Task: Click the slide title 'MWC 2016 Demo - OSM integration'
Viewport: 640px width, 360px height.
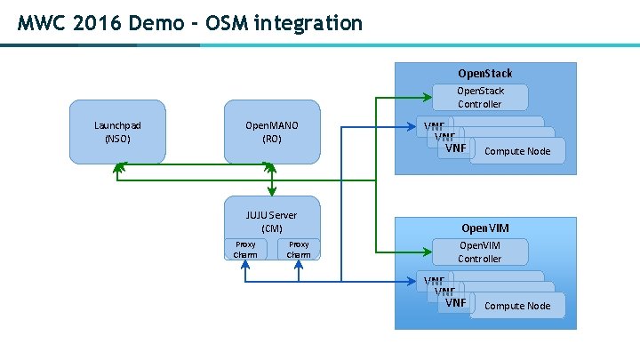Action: [190, 23]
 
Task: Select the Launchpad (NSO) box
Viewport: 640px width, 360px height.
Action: [117, 132]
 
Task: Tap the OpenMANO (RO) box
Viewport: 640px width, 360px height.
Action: [271, 132]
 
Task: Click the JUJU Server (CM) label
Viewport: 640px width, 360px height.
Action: [271, 221]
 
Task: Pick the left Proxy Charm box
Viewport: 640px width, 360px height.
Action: [245, 249]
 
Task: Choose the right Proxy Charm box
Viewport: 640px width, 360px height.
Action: [299, 249]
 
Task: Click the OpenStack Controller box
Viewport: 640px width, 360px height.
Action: [479, 98]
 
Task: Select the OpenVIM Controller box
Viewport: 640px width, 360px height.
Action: [479, 252]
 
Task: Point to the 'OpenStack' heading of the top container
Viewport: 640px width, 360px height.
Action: [484, 73]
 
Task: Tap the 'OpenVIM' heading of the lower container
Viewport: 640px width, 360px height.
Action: [484, 228]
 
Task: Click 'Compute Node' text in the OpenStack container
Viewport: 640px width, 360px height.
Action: [516, 151]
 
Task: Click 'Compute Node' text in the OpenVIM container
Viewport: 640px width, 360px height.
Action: [516, 306]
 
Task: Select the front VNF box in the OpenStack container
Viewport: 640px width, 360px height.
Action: [456, 148]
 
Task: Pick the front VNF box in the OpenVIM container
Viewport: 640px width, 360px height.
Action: [456, 303]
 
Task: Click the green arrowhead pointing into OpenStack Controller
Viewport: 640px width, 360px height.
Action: [427, 96]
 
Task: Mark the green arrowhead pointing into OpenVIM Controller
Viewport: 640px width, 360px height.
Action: [427, 252]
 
